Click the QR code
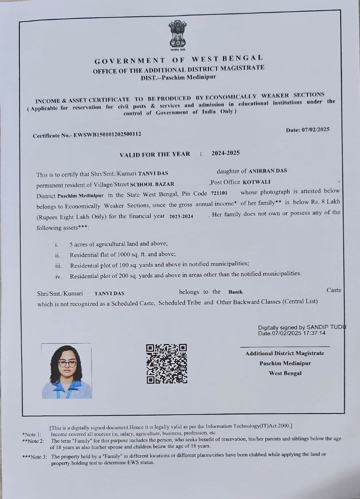coord(166,364)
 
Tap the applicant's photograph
coord(66,371)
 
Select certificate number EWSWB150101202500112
coord(107,135)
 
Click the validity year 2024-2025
coord(226,153)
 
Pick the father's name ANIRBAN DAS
coord(268,171)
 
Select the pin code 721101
coord(219,193)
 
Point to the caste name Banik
coord(236,292)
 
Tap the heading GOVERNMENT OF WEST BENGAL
coord(179,60)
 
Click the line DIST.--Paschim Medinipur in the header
coord(178,77)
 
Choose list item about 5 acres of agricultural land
coord(118,244)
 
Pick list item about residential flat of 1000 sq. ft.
coord(122,254)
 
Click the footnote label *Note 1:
coord(32,434)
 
